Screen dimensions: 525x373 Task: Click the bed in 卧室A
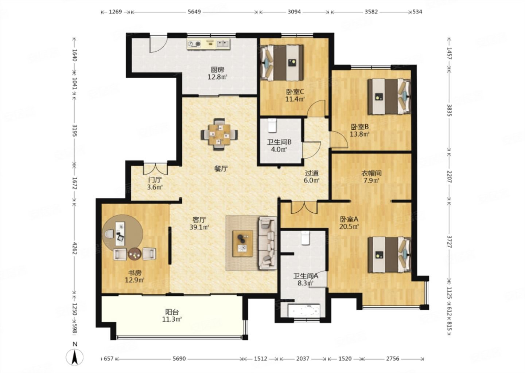[x=389, y=255]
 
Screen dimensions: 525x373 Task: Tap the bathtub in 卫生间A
[x=304, y=311]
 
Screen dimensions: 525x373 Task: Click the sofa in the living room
[x=268, y=243]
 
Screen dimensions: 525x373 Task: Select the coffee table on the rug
[x=242, y=244]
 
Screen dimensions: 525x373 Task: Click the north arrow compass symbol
[x=74, y=357]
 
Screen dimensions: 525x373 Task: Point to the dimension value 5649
[x=194, y=12]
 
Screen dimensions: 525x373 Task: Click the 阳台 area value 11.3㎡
[x=172, y=319]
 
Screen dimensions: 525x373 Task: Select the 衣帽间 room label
[x=371, y=173]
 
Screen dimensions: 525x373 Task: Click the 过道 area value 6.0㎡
[x=312, y=180]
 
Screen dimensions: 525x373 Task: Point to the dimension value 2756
[x=393, y=358]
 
